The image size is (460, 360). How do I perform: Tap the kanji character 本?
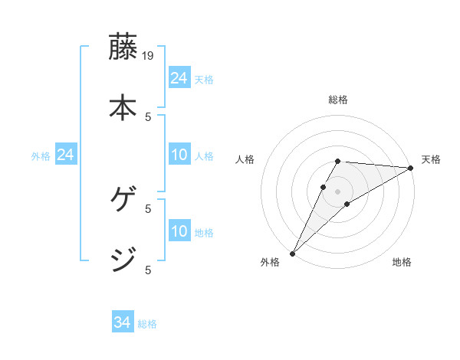click(x=123, y=106)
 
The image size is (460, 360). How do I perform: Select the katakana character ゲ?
click(x=123, y=201)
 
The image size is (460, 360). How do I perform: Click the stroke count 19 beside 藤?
click(x=149, y=56)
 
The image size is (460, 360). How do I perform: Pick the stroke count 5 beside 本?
click(x=149, y=116)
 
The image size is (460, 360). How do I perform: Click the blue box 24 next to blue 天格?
click(x=179, y=78)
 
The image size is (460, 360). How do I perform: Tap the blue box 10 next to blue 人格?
click(x=179, y=155)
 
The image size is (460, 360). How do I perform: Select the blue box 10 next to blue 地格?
click(x=179, y=231)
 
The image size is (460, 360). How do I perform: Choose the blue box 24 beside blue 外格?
click(x=65, y=155)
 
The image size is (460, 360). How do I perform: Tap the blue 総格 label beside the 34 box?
click(x=147, y=324)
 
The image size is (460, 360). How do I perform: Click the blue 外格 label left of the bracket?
click(x=41, y=156)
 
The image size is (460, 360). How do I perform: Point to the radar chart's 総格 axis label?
click(x=337, y=100)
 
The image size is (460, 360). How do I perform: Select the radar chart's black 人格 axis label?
click(x=245, y=159)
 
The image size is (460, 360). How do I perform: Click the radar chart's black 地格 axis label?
click(x=402, y=263)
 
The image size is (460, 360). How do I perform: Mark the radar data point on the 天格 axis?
click(x=410, y=168)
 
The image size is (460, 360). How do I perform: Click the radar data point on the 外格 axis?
click(x=293, y=253)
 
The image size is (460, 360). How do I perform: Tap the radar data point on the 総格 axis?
click(x=337, y=162)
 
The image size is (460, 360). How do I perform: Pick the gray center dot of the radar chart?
click(x=337, y=191)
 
